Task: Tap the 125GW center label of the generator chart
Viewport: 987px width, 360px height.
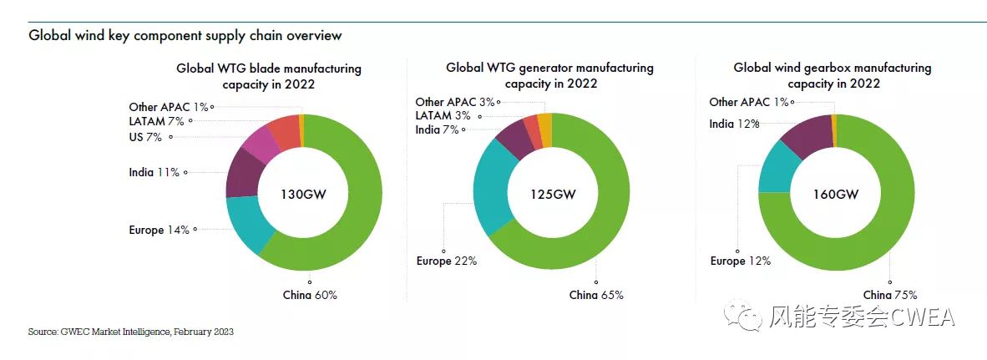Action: (553, 194)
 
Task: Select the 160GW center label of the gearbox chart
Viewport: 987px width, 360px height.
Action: (836, 194)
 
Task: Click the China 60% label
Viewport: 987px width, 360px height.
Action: (310, 295)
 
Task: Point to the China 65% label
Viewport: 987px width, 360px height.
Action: (596, 295)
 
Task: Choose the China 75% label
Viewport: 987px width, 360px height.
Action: (890, 295)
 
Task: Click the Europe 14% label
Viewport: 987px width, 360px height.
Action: (159, 230)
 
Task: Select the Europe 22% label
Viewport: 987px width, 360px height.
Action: (447, 261)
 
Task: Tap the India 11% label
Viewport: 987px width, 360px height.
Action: (154, 173)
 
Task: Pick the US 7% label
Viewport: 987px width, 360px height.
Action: (145, 136)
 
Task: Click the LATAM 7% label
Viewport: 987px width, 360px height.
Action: (156, 121)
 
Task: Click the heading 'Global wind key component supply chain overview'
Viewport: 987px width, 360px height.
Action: (185, 36)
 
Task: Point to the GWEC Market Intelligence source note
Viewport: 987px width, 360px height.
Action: (130, 332)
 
